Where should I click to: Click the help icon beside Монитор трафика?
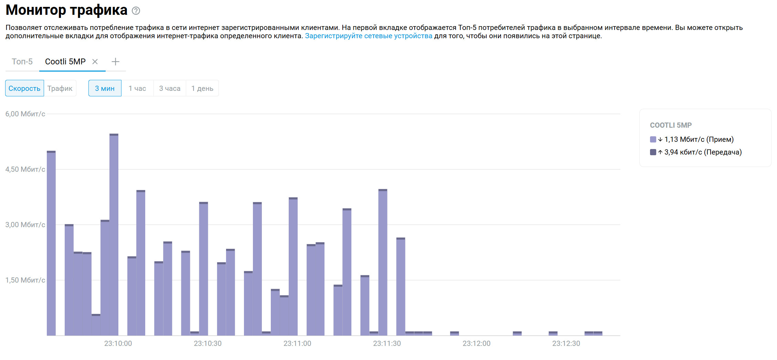click(x=136, y=11)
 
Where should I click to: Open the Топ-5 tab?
click(x=22, y=62)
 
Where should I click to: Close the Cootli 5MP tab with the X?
click(x=95, y=62)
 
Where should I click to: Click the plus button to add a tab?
click(x=115, y=62)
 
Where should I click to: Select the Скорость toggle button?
click(x=24, y=88)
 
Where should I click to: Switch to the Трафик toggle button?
click(x=60, y=88)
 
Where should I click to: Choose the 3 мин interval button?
click(x=105, y=88)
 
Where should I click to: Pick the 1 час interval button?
click(x=137, y=88)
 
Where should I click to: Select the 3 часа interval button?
click(x=170, y=88)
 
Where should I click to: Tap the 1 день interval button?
click(x=202, y=88)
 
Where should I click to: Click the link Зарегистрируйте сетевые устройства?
click(x=369, y=36)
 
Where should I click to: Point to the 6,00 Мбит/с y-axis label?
click(x=25, y=114)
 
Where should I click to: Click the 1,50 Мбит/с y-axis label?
click(x=25, y=280)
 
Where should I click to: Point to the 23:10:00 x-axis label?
click(x=118, y=343)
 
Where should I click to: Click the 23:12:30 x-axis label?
click(x=566, y=343)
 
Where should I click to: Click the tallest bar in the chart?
click(x=114, y=234)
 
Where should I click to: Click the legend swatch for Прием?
click(x=653, y=139)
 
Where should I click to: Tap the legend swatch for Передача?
click(x=653, y=152)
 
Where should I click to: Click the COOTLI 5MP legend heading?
click(x=671, y=125)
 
